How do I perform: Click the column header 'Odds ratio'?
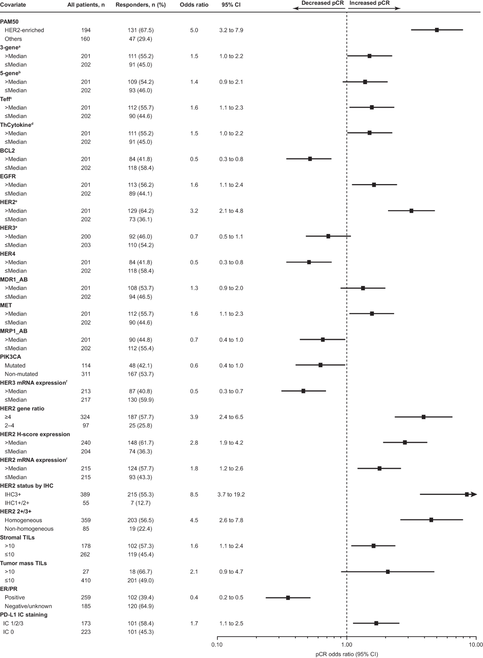click(x=194, y=5)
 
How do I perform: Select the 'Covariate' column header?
click(x=13, y=5)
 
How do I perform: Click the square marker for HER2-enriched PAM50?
click(x=437, y=30)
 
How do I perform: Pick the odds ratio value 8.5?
click(x=194, y=495)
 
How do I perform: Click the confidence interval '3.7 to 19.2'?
click(x=231, y=495)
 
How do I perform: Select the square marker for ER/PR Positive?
click(x=288, y=598)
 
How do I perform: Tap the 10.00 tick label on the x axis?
click(x=476, y=645)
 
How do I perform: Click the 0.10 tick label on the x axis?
click(x=217, y=645)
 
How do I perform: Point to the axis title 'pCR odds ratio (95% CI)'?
click(x=347, y=654)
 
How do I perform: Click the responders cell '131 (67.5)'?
click(x=140, y=30)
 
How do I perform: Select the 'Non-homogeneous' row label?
click(x=29, y=529)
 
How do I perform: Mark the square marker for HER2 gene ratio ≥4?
click(x=423, y=417)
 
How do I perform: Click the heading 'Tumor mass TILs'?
click(x=23, y=563)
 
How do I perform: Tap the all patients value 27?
click(x=85, y=572)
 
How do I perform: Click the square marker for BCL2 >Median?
click(x=310, y=159)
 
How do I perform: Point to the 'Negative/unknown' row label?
click(x=28, y=606)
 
